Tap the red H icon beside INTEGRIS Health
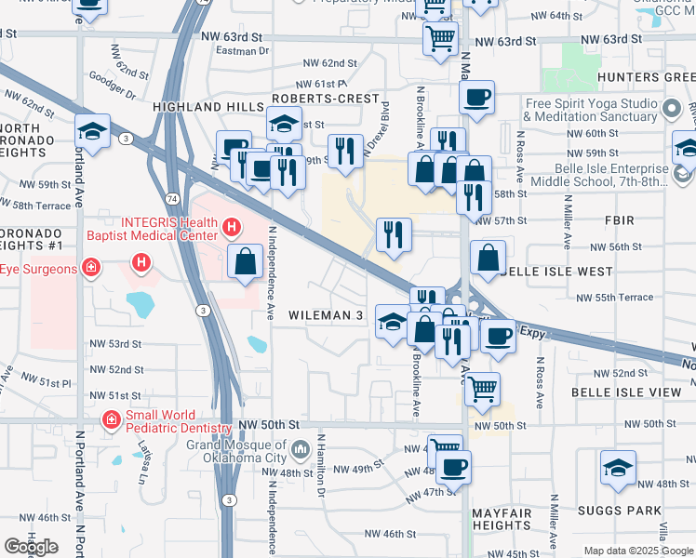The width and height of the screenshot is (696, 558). [231, 224]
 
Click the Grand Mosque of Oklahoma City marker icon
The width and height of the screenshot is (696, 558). [300, 451]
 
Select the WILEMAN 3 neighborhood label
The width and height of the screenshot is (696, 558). [325, 316]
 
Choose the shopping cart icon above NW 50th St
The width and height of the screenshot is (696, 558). [481, 390]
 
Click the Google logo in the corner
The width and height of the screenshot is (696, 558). [31, 547]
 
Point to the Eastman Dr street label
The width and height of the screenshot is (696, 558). [245, 52]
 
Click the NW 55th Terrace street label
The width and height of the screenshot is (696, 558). [614, 297]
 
